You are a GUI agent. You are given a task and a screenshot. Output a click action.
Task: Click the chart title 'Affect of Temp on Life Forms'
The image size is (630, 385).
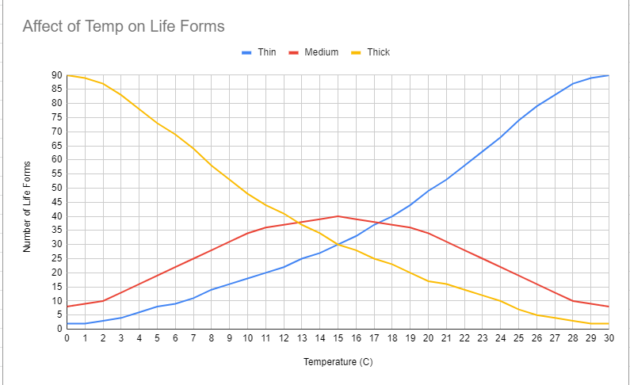pyautogui.click(x=124, y=26)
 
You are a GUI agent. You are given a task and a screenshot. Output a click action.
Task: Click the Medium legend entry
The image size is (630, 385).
pyautogui.click(x=321, y=52)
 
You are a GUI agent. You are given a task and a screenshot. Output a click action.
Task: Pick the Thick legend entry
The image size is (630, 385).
pyautogui.click(x=378, y=52)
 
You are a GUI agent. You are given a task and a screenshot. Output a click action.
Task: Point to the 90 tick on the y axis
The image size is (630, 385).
pyautogui.click(x=57, y=75)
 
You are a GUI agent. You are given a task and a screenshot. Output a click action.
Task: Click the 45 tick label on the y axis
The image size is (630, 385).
pyautogui.click(x=57, y=202)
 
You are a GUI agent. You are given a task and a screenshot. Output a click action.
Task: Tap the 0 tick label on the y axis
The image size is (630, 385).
pyautogui.click(x=59, y=329)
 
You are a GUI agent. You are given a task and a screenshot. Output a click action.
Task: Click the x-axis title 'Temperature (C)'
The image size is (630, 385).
pyautogui.click(x=338, y=363)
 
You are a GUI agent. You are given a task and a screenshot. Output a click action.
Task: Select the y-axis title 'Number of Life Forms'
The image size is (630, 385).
pyautogui.click(x=27, y=203)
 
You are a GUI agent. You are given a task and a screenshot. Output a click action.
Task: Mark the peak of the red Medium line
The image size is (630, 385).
pyautogui.click(x=338, y=216)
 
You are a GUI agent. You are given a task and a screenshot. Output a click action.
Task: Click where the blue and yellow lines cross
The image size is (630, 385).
pyautogui.click(x=338, y=244)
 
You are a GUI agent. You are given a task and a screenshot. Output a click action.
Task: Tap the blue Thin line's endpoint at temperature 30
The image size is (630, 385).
pyautogui.click(x=609, y=75)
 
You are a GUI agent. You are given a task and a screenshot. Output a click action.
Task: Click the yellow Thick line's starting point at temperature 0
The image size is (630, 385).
pyautogui.click(x=67, y=75)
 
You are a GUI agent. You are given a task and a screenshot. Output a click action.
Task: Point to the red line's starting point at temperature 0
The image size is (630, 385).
pyautogui.click(x=67, y=307)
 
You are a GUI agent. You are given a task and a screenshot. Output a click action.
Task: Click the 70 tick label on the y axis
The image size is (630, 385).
pyautogui.click(x=57, y=132)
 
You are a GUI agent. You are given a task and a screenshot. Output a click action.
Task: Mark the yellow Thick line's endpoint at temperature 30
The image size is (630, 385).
pyautogui.click(x=609, y=323)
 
